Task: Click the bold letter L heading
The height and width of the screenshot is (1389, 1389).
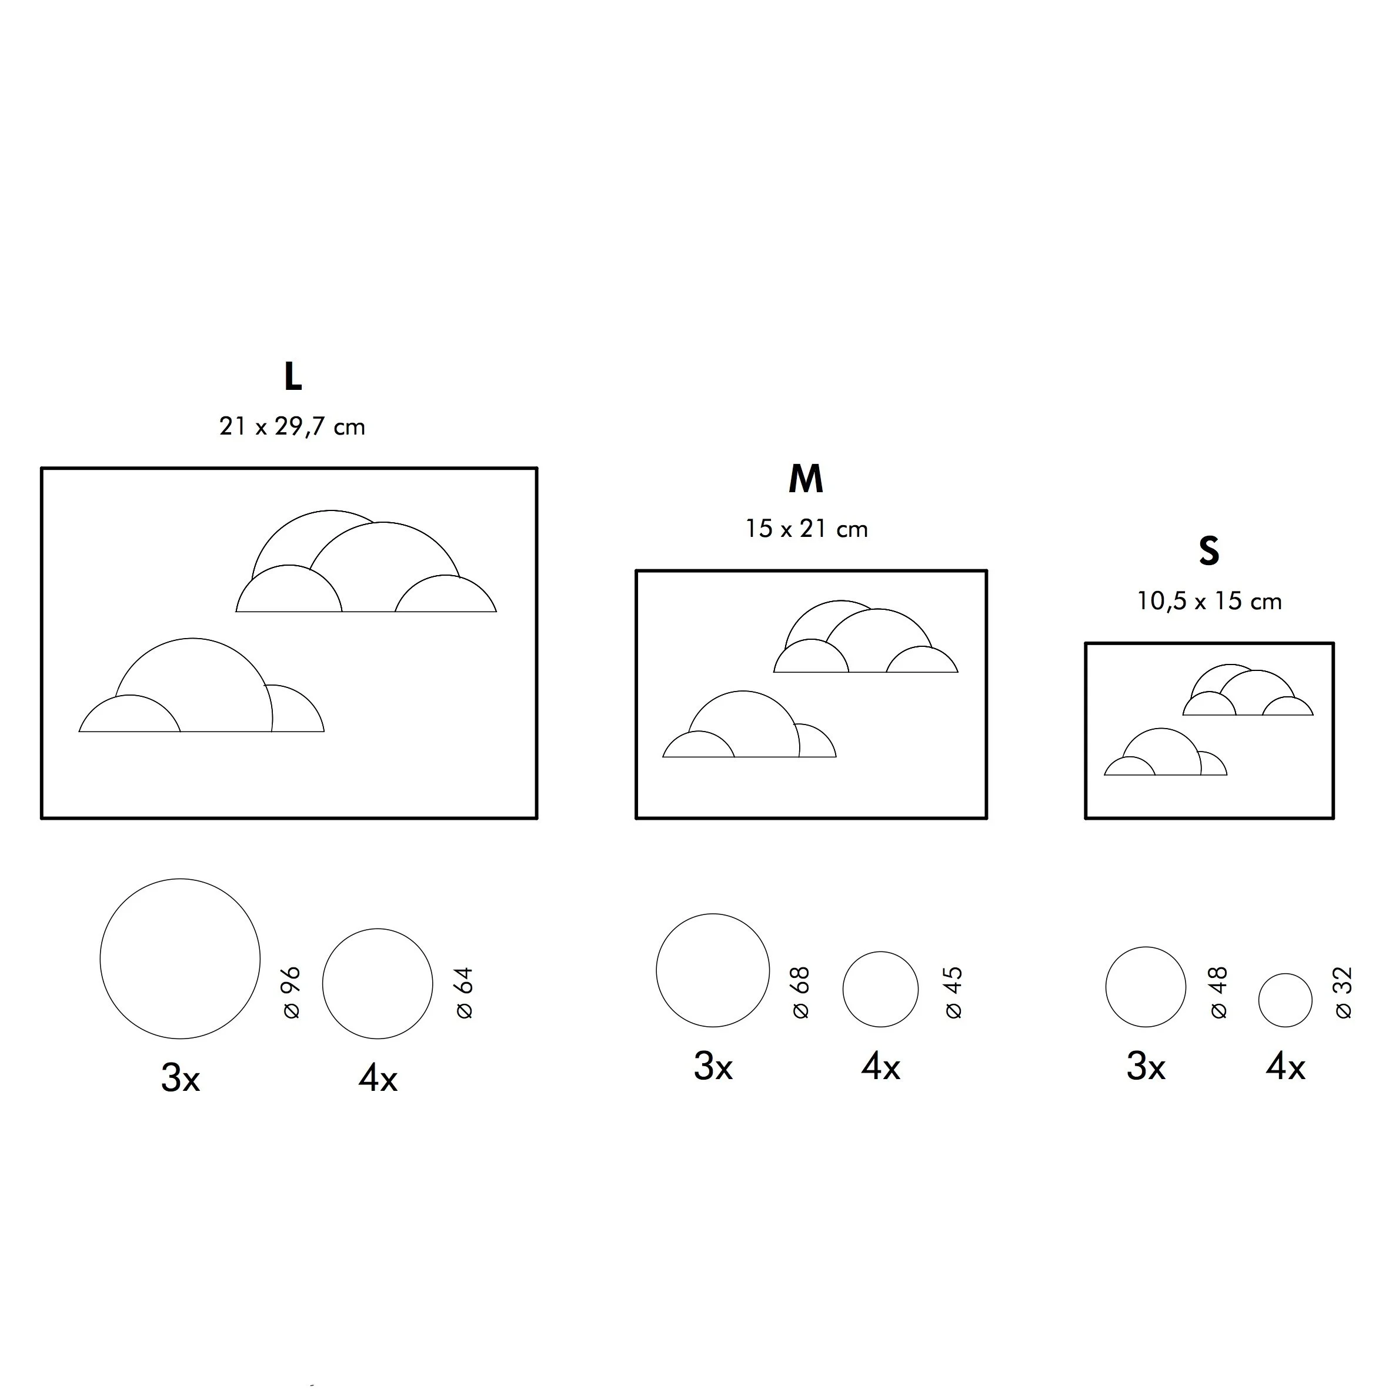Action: tap(293, 377)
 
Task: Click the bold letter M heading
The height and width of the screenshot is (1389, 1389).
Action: tap(805, 479)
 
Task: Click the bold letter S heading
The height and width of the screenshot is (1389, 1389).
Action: tap(1208, 552)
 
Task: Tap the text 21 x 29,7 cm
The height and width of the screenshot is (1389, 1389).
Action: tap(292, 427)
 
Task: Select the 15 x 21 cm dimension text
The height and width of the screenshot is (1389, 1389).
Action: tap(806, 530)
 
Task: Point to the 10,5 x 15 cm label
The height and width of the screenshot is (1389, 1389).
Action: tap(1208, 602)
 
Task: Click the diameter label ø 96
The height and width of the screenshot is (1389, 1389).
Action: tap(291, 993)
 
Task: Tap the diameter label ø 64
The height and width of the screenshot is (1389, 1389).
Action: tap(465, 993)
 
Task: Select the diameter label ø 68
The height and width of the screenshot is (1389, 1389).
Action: tap(800, 993)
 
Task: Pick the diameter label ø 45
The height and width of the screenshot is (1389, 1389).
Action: tap(953, 993)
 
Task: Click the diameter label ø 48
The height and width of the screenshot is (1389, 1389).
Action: tap(1218, 993)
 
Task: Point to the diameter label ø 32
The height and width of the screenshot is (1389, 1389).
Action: tap(1343, 993)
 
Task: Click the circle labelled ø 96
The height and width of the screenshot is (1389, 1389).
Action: tap(180, 959)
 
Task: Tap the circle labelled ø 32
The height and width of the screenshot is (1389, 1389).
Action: tap(1285, 1000)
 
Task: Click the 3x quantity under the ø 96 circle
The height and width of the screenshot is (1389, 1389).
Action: tap(180, 1079)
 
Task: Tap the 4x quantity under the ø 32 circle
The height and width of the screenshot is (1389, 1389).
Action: tap(1285, 1067)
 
